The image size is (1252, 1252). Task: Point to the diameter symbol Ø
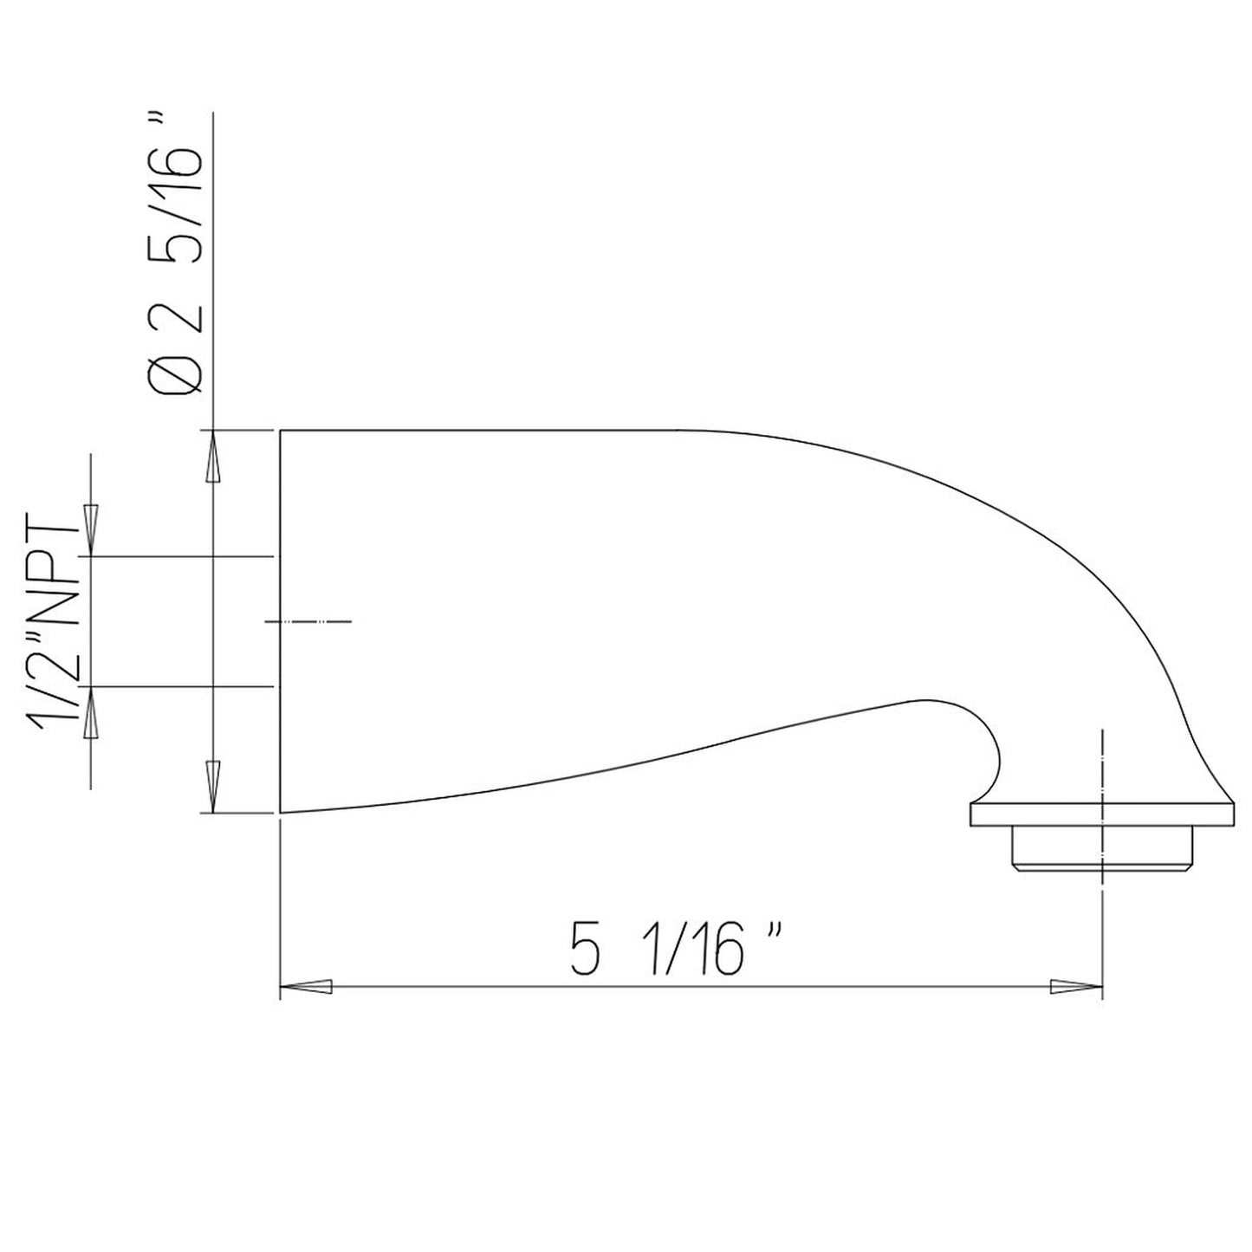(178, 379)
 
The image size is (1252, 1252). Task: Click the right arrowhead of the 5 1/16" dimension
(1074, 987)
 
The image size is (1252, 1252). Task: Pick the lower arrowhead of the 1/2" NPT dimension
(91, 711)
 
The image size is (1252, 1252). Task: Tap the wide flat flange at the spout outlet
(1100, 815)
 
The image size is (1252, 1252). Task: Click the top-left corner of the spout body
(280, 430)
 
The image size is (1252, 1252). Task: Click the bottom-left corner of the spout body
(280, 813)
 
